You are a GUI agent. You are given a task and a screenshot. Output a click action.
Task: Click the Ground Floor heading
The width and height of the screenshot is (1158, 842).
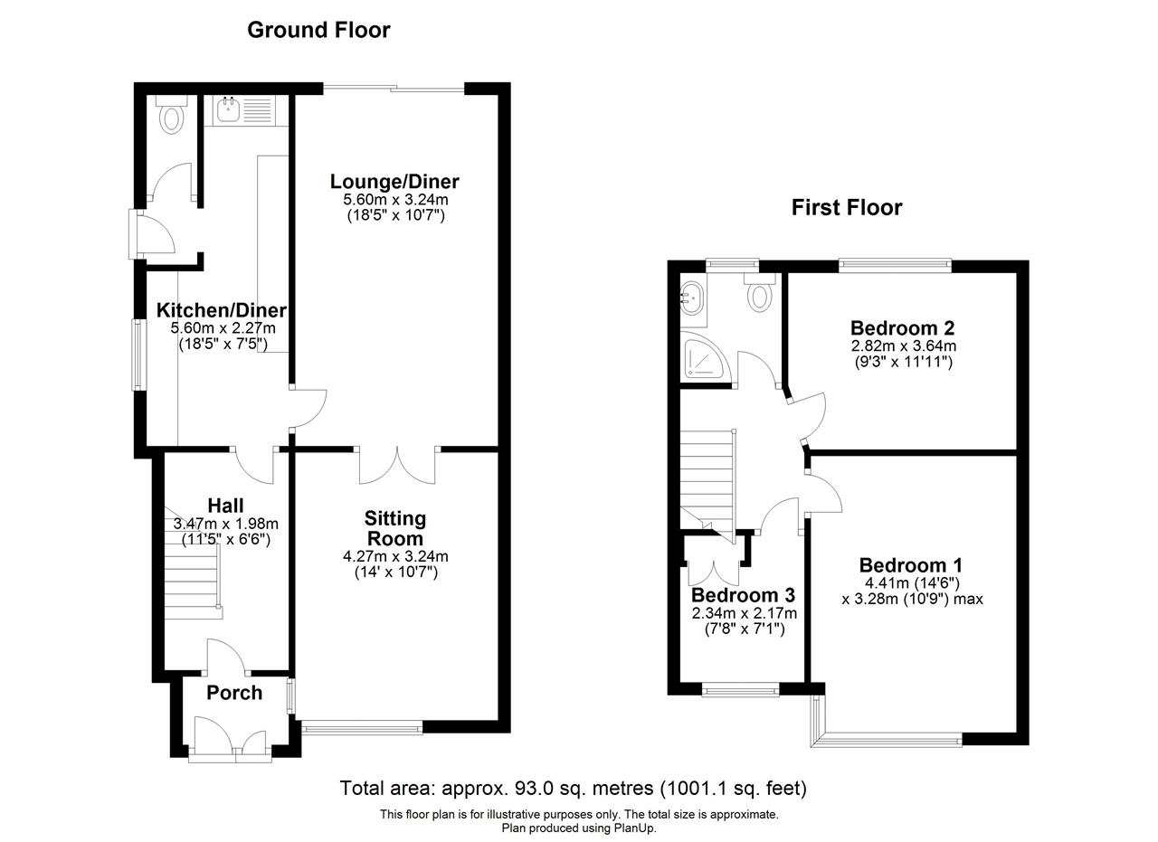coord(318,30)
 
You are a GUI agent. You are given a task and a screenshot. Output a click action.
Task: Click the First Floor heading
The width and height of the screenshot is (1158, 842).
coord(847,208)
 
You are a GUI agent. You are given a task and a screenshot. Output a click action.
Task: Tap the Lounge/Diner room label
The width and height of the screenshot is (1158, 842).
coord(394,182)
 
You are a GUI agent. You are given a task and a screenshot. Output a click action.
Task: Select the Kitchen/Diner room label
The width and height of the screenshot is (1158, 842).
coord(222,310)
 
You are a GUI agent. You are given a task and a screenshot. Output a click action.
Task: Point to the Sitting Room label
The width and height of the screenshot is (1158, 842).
coord(395,528)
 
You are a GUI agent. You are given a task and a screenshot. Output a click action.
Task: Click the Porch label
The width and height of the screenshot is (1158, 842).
coord(234,693)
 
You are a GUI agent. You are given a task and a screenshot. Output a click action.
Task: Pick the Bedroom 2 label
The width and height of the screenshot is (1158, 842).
coord(903,327)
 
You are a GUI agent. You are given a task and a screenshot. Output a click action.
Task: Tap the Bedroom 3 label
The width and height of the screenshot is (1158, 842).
coord(743,595)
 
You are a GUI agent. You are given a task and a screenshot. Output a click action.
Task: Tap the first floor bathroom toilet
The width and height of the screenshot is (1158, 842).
coord(760,292)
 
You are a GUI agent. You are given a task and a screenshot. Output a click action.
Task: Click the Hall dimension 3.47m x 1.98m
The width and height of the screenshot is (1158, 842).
coord(226,524)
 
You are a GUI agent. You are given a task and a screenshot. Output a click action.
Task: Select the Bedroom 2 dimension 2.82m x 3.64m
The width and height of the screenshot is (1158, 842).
coord(904,345)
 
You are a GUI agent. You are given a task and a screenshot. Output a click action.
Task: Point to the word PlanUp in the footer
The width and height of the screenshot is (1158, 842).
coord(635,828)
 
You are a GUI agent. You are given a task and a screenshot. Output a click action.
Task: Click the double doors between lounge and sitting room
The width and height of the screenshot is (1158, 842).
coord(397,465)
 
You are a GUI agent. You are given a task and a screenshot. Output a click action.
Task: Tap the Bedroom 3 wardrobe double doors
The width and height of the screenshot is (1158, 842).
coord(714,568)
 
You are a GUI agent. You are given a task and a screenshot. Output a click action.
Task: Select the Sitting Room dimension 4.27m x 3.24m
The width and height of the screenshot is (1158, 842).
coord(395,556)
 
